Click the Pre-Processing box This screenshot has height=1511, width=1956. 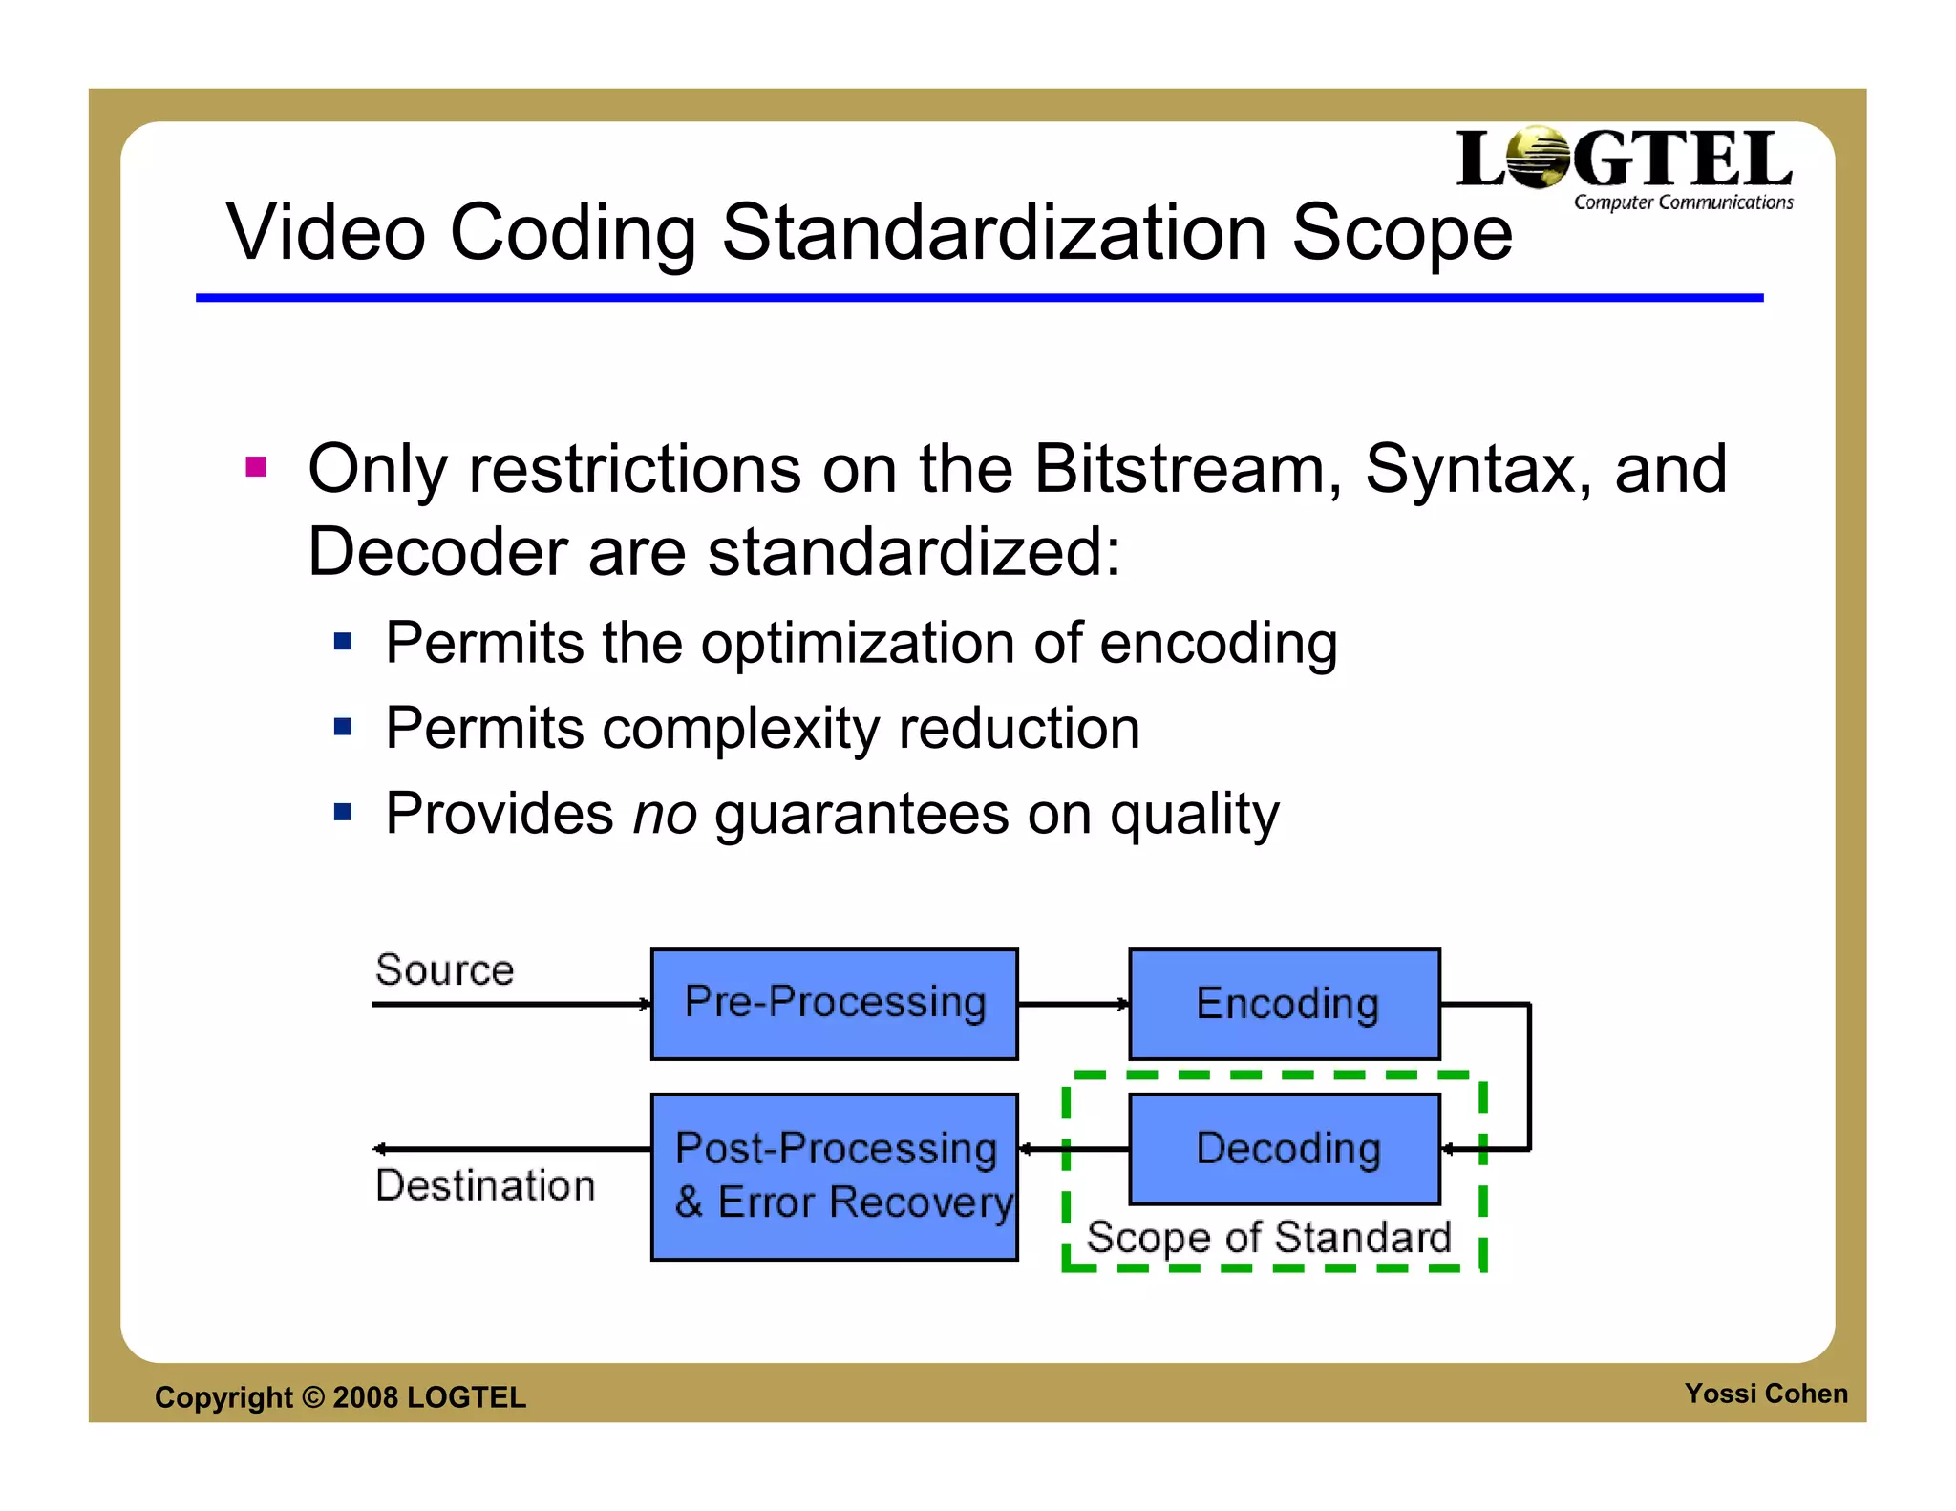click(x=834, y=1004)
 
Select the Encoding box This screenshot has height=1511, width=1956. click(x=1285, y=1004)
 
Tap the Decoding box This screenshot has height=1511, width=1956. click(x=1285, y=1149)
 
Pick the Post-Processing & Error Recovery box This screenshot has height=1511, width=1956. click(x=834, y=1177)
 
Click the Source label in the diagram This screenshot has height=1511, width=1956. click(x=444, y=970)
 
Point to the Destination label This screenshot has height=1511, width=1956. click(x=485, y=1185)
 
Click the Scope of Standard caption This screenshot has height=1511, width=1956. click(x=1268, y=1238)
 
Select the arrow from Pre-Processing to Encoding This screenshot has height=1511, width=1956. click(x=1074, y=1004)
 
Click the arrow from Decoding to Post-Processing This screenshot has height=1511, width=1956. click(x=1074, y=1149)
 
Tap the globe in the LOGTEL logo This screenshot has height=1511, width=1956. click(x=1538, y=158)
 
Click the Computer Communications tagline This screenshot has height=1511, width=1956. click(x=1683, y=202)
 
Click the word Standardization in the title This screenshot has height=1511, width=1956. click(x=994, y=233)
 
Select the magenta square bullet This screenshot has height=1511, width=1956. click(x=256, y=467)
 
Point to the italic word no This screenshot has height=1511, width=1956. click(x=665, y=815)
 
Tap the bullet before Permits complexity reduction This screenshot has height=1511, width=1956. click(x=343, y=728)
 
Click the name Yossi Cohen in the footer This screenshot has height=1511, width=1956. click(x=1765, y=1394)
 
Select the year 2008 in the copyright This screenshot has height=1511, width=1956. click(x=366, y=1397)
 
